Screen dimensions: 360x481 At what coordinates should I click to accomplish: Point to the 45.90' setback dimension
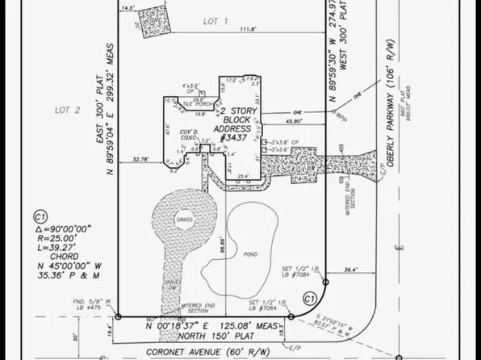(294, 122)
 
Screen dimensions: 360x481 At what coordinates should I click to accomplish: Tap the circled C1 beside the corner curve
(307, 299)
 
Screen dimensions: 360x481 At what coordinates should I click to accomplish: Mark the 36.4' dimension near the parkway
(350, 270)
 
